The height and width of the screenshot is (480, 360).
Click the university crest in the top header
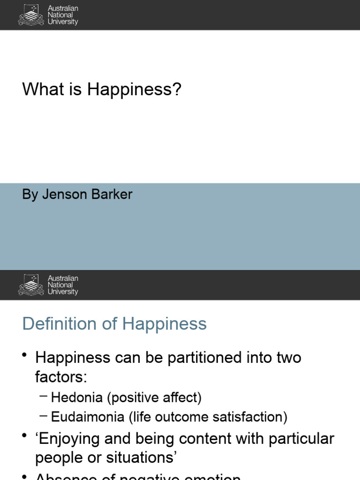pyautogui.click(x=31, y=15)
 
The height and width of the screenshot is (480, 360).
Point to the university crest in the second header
pyautogui.click(x=31, y=285)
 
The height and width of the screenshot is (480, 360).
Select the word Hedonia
pyautogui.click(x=77, y=398)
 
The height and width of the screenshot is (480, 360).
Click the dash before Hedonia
pyautogui.click(x=44, y=397)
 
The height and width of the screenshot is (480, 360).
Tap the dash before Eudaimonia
pyautogui.click(x=44, y=415)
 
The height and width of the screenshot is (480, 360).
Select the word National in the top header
pyautogui.click(x=60, y=15)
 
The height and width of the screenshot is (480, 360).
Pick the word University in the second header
pyautogui.click(x=63, y=292)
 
